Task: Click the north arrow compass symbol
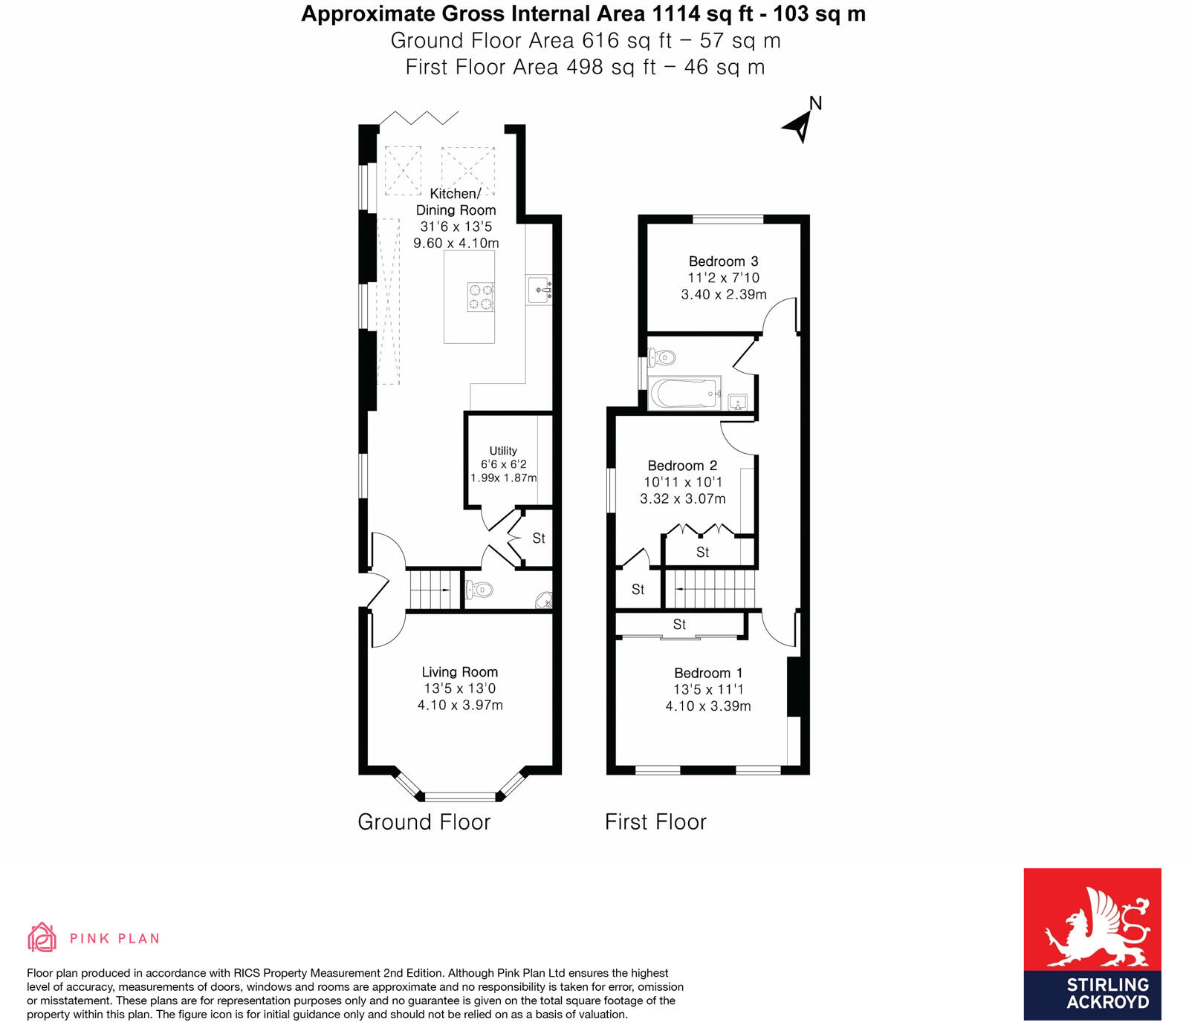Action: (x=800, y=125)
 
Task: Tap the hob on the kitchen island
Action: (x=480, y=297)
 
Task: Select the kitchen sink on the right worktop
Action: (x=540, y=290)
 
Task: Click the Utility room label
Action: (x=503, y=451)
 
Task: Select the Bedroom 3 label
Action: (x=723, y=261)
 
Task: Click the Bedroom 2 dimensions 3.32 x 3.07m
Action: (x=682, y=499)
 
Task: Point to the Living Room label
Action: (x=459, y=672)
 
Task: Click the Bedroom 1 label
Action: (x=707, y=673)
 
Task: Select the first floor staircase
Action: (x=710, y=589)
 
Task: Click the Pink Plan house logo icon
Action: (x=42, y=937)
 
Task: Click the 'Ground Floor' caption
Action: (x=424, y=822)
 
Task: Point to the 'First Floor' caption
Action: (x=655, y=822)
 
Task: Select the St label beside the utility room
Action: (x=539, y=538)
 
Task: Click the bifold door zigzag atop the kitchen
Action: (x=420, y=118)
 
